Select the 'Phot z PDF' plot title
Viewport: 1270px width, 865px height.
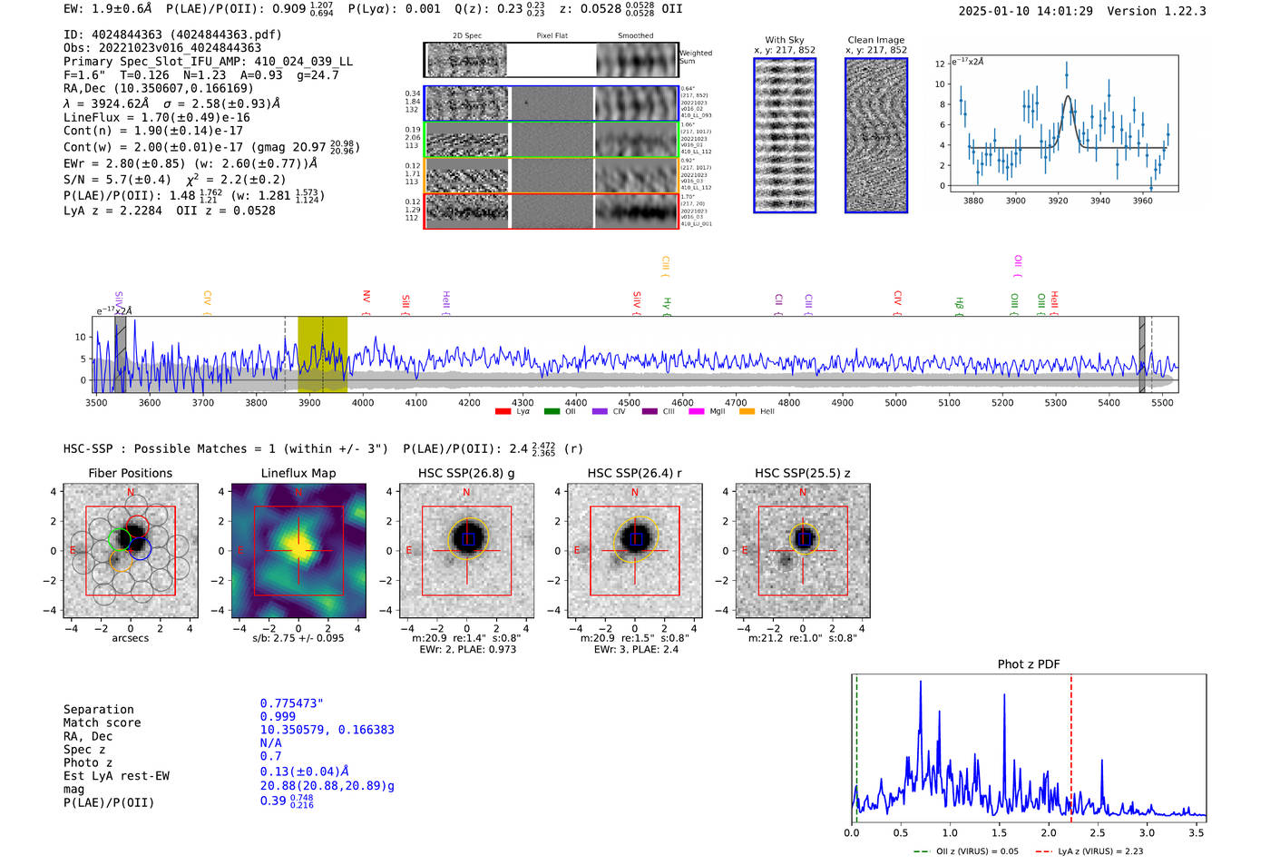coord(1029,664)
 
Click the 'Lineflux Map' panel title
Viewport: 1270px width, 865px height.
coord(298,473)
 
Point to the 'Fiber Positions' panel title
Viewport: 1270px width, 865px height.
coord(131,473)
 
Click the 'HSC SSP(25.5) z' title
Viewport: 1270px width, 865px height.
coord(803,473)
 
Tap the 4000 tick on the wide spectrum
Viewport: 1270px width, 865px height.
coord(363,403)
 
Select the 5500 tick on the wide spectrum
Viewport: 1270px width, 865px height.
coord(1162,403)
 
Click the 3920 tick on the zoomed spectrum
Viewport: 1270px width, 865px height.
coord(1058,201)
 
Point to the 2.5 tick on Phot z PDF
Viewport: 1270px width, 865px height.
coord(1098,832)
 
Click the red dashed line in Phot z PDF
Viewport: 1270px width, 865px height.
coord(1071,744)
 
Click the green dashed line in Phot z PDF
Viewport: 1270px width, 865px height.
coord(856,744)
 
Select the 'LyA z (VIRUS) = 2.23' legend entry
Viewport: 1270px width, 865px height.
coord(1099,851)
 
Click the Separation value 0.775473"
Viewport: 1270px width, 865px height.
coord(292,703)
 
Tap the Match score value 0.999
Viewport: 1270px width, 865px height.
coord(278,716)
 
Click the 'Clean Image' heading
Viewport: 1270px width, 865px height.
coord(876,40)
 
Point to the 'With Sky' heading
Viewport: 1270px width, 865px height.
coord(785,40)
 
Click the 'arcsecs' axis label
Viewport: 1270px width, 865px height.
coord(131,638)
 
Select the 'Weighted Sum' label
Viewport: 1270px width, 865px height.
coord(696,57)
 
